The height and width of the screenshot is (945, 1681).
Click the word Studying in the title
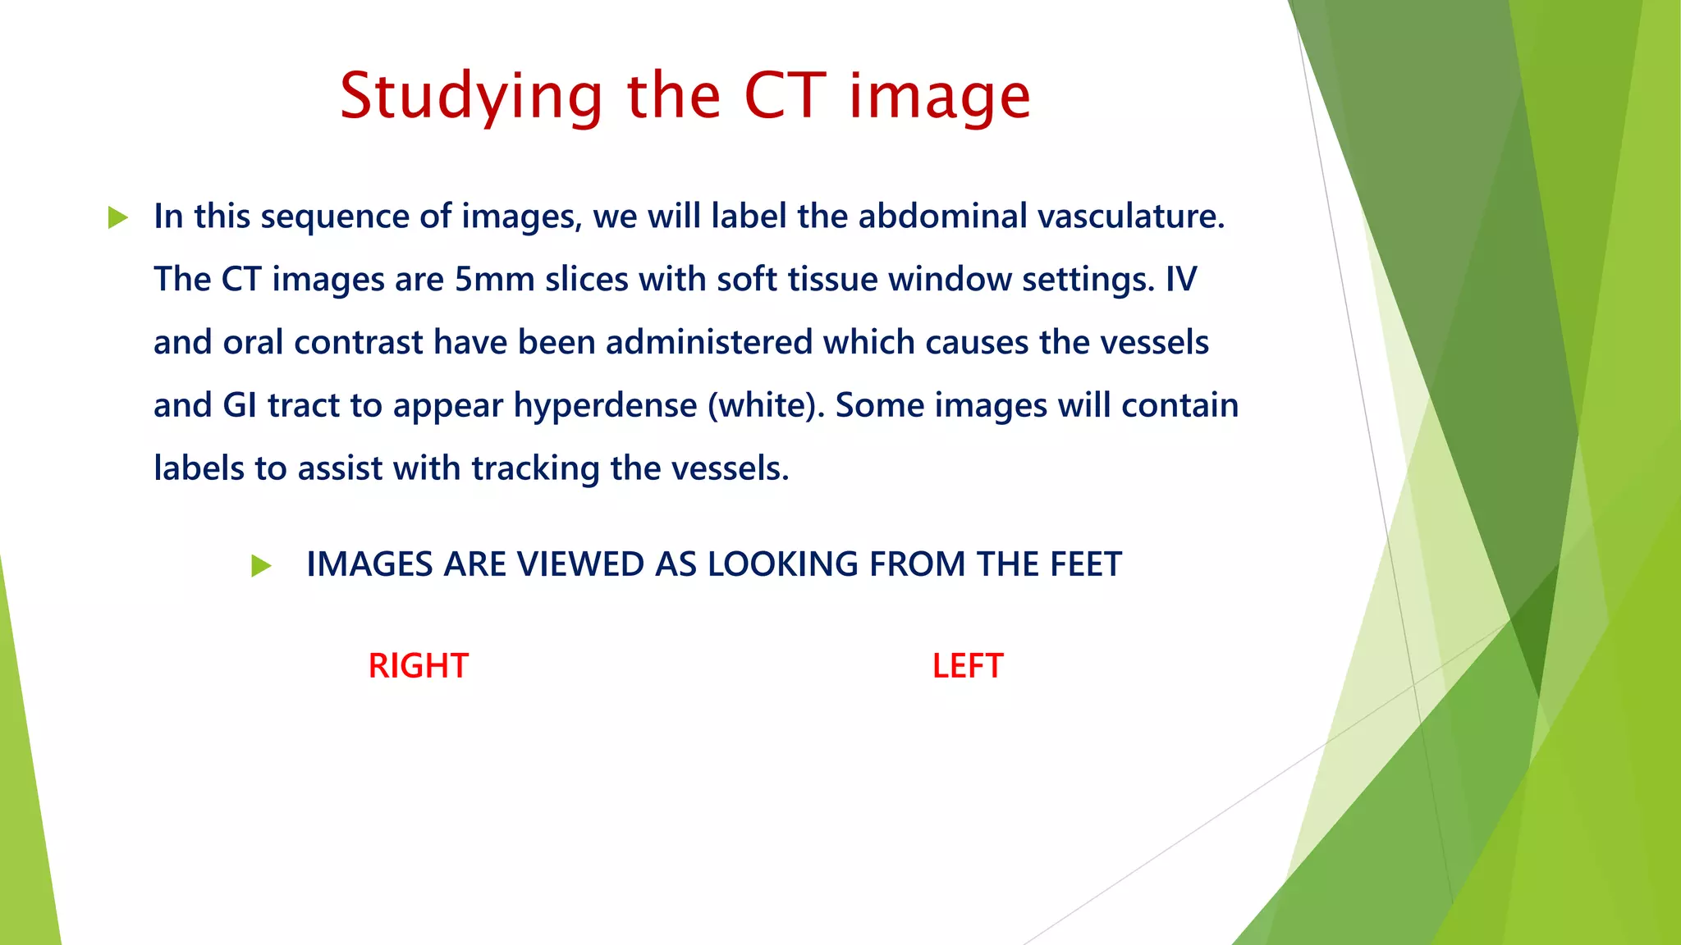[x=472, y=97]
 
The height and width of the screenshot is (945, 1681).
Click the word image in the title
[x=939, y=97]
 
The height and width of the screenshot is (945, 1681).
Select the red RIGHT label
[x=418, y=665]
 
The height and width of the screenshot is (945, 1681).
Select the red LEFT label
[x=968, y=665]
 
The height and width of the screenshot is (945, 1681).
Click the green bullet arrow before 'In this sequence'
[x=118, y=217]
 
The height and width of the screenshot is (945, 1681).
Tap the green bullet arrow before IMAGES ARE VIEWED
[x=261, y=565]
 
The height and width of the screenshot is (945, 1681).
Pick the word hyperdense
[x=605, y=405]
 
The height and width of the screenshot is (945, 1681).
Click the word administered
[x=708, y=342]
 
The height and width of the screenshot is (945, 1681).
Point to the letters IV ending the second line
[x=1181, y=280]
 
